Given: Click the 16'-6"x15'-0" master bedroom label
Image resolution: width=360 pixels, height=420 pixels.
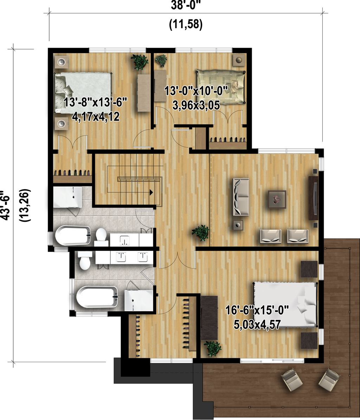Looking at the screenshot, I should pyautogui.click(x=258, y=311).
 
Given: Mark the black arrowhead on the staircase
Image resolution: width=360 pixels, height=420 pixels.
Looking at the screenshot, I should pyautogui.click(x=151, y=192).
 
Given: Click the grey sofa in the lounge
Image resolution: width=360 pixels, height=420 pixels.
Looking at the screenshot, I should pyautogui.click(x=240, y=197).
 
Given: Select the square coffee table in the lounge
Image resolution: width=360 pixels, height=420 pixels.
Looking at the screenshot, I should pyautogui.click(x=277, y=199).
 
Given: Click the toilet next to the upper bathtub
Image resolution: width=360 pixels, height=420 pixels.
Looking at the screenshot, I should pyautogui.click(x=101, y=236).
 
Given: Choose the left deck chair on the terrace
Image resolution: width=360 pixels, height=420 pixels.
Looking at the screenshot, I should pyautogui.click(x=292, y=380).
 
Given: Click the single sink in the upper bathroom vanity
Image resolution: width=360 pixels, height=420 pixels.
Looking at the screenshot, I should pyautogui.click(x=124, y=240).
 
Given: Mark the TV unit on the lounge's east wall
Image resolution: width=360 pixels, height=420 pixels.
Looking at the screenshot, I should pyautogui.click(x=313, y=198).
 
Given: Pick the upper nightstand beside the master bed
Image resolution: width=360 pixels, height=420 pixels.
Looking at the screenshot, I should pyautogui.click(x=309, y=269).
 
